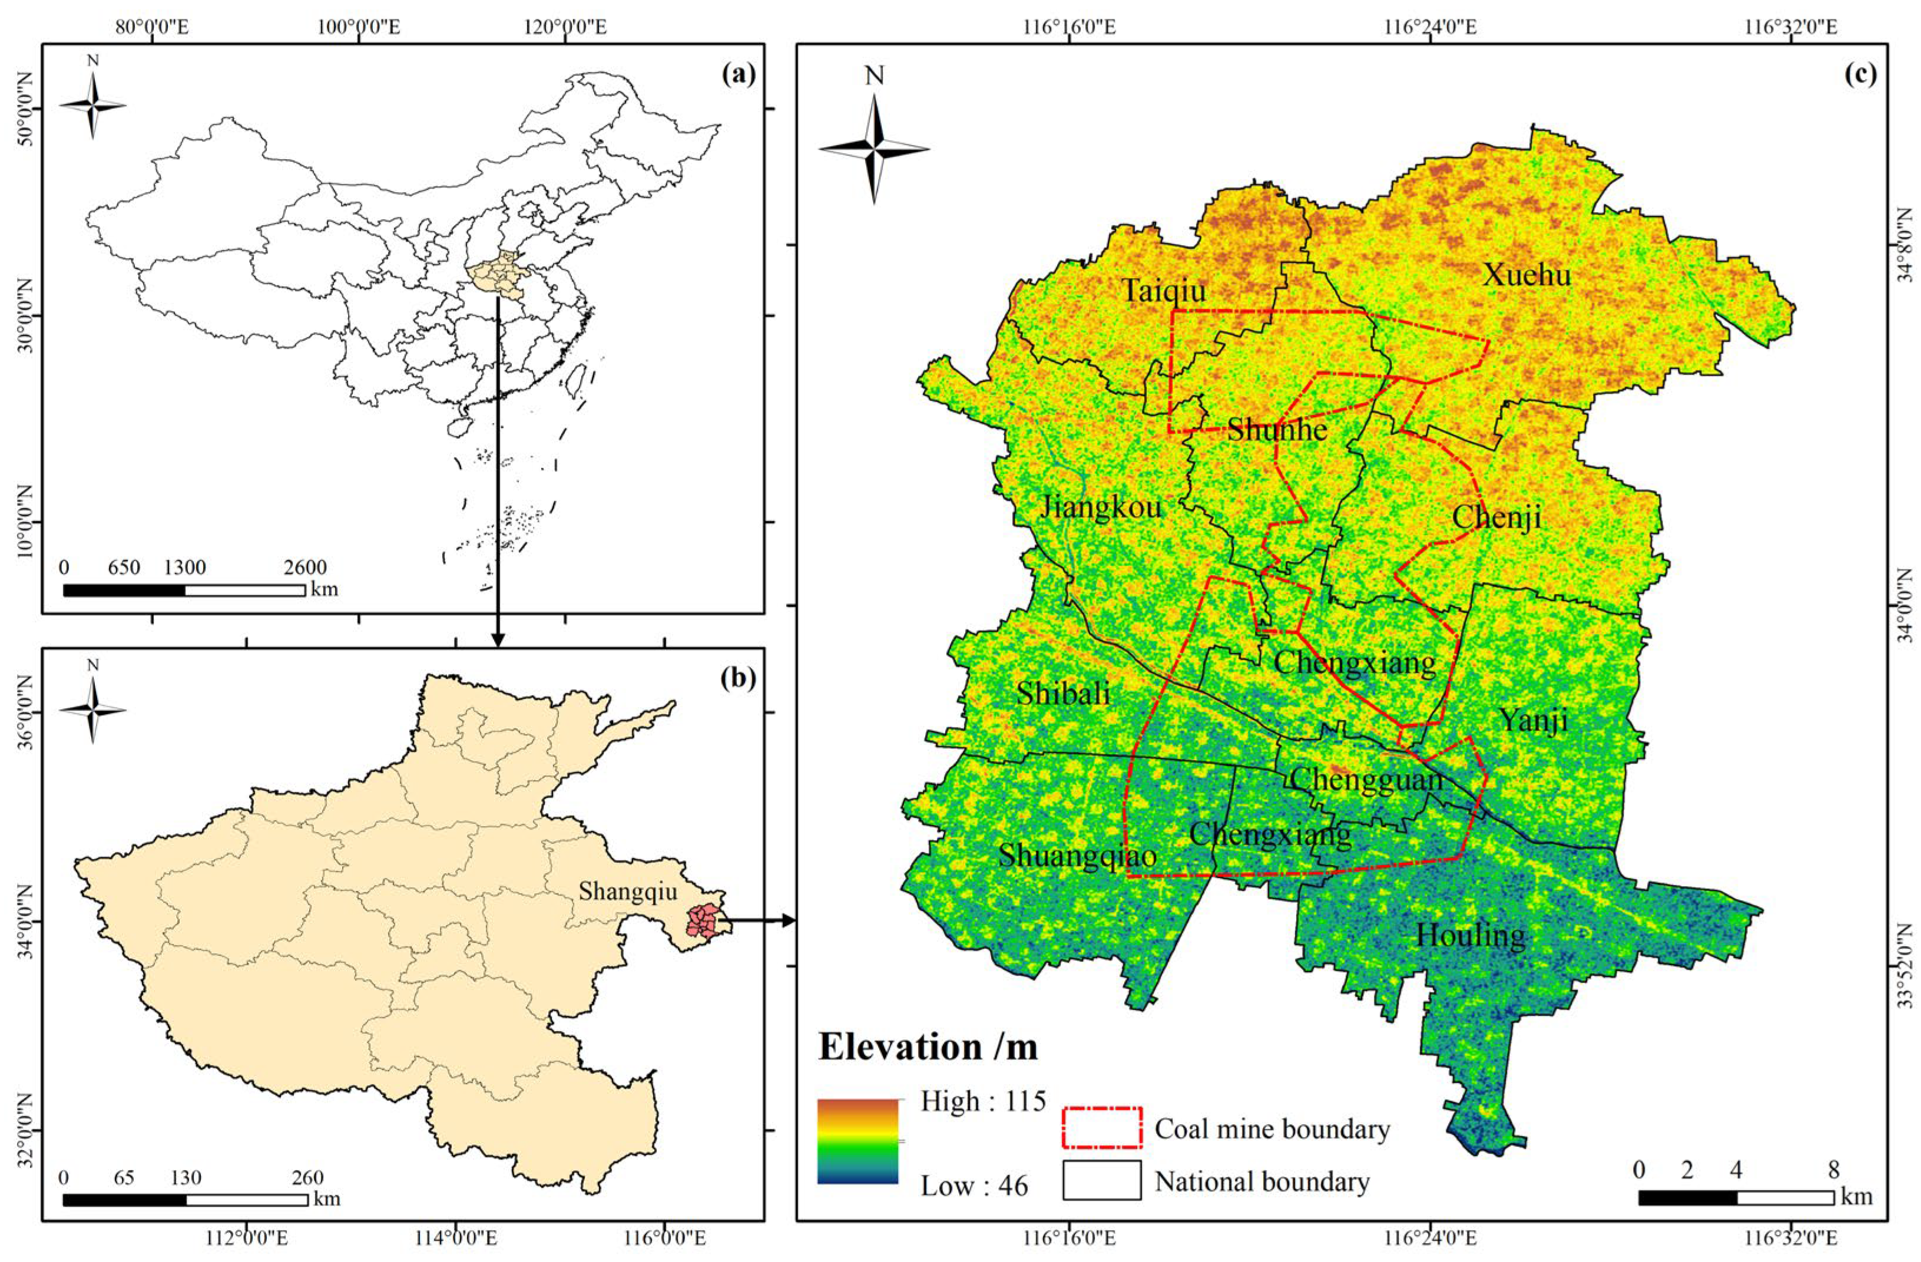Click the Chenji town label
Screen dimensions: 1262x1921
[1496, 517]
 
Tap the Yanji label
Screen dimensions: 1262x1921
[1534, 719]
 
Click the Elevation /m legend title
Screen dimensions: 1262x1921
[928, 1046]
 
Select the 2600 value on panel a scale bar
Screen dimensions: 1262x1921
[305, 567]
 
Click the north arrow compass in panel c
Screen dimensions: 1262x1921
[874, 148]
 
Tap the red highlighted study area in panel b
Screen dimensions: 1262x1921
[701, 921]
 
